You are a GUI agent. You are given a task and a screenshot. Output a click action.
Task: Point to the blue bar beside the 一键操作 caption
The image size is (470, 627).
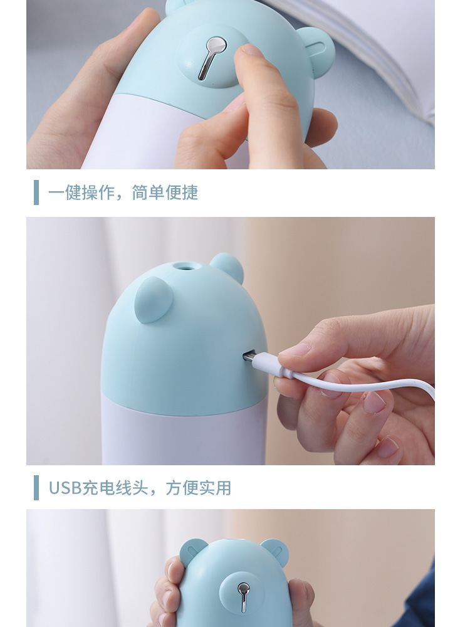coord(36,192)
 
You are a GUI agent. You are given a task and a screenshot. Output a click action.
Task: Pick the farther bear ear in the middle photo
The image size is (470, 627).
coord(227,266)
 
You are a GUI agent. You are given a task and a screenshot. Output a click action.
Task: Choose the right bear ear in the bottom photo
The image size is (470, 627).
coord(275,551)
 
